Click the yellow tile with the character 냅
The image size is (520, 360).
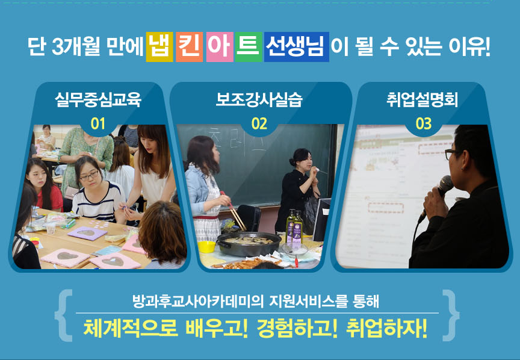(x=159, y=47)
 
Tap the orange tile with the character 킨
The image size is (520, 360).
(x=189, y=47)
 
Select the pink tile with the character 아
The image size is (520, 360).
(x=220, y=47)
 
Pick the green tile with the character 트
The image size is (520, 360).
(x=249, y=47)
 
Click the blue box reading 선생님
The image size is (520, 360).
(x=297, y=47)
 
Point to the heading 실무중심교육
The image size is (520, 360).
(x=98, y=99)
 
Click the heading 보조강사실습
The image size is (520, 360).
(x=259, y=99)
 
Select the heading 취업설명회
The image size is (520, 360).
(x=422, y=99)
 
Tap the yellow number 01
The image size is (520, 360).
(x=98, y=124)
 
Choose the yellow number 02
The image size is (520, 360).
(x=259, y=124)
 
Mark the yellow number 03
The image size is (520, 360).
(x=424, y=124)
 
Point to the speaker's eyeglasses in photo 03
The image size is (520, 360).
(x=454, y=154)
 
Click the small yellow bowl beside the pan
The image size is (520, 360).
(x=206, y=247)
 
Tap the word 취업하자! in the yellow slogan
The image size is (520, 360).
(x=386, y=329)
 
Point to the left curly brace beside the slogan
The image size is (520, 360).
(x=63, y=315)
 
